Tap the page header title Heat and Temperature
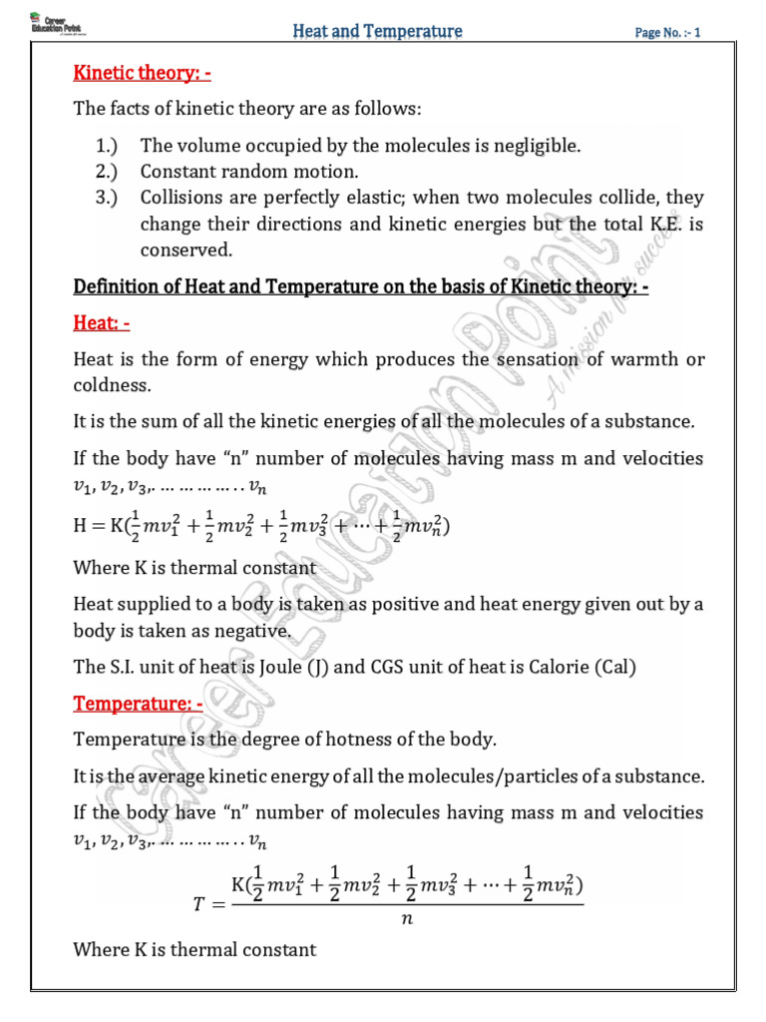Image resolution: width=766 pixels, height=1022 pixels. click(x=377, y=32)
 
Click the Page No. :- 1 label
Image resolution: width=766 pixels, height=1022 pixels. click(x=668, y=33)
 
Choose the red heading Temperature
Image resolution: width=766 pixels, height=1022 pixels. click(x=139, y=704)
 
